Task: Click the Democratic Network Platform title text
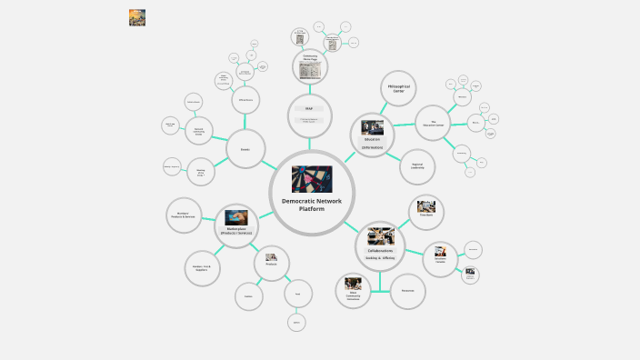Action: pos(312,205)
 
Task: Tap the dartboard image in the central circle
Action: pos(312,178)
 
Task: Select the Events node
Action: pos(245,148)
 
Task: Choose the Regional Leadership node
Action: pos(418,167)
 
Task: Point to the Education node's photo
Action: pos(373,127)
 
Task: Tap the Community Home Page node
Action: pos(309,65)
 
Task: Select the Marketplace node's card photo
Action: pos(237,216)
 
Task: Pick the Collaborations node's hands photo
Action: pos(380,236)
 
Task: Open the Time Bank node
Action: pos(425,213)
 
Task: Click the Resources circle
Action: pos(408,290)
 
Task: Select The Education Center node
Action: pos(434,123)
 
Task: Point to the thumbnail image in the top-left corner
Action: pos(137,17)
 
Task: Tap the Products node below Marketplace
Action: pos(271,263)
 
